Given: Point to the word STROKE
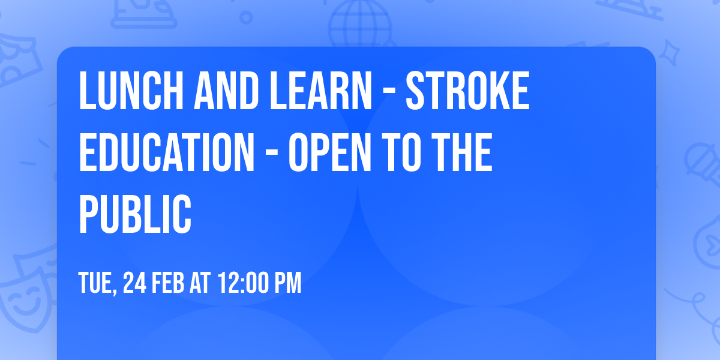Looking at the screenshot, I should tap(467, 91).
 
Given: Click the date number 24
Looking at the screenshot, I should tap(134, 283).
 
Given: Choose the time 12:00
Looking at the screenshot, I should tap(242, 283).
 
